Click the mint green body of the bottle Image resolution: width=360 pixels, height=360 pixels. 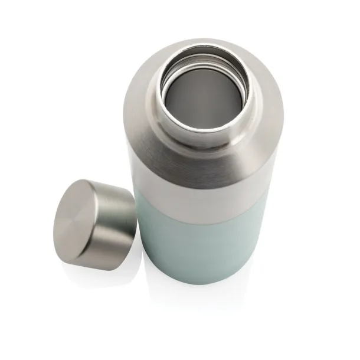click(195, 248)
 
